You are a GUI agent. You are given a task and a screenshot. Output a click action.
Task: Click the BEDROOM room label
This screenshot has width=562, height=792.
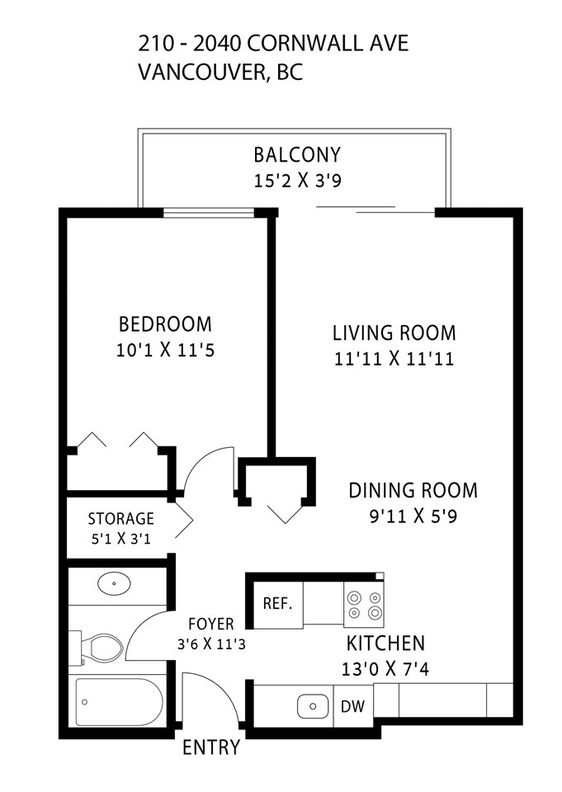(x=165, y=324)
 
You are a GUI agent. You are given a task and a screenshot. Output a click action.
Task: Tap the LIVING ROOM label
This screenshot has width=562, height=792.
(x=394, y=332)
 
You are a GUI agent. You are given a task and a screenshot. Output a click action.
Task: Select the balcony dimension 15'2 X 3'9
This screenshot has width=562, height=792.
(x=297, y=181)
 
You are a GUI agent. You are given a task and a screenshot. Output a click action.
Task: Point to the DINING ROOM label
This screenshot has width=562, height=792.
(x=413, y=490)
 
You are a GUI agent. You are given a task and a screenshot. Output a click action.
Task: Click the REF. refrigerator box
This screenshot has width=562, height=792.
(x=277, y=605)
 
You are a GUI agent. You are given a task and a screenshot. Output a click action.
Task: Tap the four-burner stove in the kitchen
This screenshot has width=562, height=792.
(x=364, y=605)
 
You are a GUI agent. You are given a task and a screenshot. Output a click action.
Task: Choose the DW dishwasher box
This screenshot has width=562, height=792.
(x=352, y=705)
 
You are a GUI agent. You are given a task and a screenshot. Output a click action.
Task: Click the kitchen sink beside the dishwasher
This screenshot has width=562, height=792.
(x=312, y=706)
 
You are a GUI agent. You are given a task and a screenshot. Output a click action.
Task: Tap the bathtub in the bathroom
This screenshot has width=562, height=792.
(x=119, y=701)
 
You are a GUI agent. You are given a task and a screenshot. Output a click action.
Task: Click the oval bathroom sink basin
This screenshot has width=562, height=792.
(x=114, y=583)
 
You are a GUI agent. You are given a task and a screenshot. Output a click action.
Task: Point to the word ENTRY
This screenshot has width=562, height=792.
(x=210, y=747)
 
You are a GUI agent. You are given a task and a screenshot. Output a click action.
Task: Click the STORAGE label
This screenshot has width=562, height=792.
(x=120, y=519)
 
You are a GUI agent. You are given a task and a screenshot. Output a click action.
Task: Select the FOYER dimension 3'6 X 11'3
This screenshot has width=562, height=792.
(x=211, y=644)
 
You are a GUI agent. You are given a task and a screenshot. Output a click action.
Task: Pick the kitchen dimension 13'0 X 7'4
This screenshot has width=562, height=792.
(x=385, y=669)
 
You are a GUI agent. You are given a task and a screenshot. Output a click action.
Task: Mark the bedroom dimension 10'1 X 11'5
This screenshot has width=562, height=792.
(x=165, y=350)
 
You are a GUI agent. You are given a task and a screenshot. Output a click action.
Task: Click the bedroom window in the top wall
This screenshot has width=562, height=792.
(x=209, y=213)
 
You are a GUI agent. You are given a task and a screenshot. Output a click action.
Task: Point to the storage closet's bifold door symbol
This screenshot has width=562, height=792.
(x=184, y=521)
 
